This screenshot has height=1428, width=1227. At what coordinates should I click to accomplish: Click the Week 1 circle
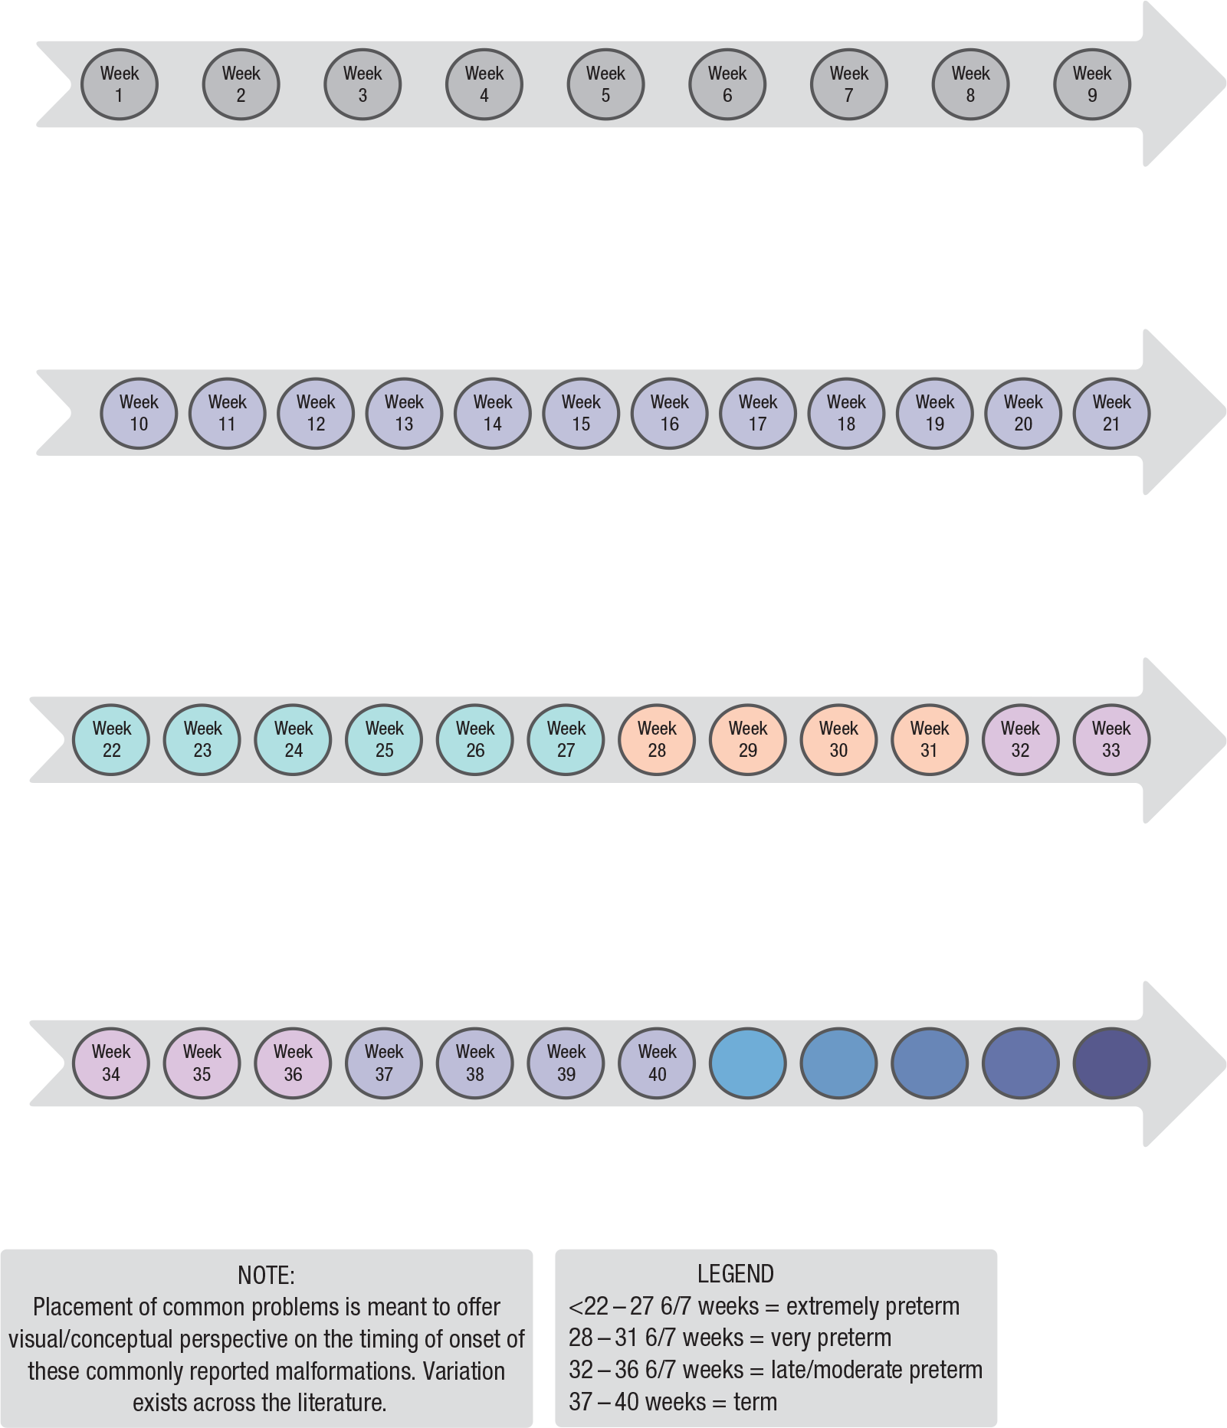(120, 84)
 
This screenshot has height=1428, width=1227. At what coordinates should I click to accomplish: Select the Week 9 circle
(1092, 84)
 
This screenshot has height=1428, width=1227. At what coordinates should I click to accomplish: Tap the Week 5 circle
(605, 84)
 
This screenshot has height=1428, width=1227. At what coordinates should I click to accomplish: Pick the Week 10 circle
(139, 413)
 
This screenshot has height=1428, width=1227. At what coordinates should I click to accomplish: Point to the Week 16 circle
(670, 413)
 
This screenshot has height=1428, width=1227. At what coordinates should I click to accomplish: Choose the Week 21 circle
(1111, 413)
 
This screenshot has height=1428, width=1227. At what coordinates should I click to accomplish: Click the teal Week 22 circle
(111, 739)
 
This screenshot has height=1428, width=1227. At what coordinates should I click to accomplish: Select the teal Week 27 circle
(566, 739)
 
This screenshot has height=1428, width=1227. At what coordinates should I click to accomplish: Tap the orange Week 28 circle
(657, 739)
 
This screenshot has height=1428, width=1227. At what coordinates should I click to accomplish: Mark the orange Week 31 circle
(930, 739)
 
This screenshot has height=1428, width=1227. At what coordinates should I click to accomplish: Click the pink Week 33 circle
(1111, 739)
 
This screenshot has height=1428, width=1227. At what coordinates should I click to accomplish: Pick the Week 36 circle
(293, 1063)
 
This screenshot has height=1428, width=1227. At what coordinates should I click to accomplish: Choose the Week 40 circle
(657, 1063)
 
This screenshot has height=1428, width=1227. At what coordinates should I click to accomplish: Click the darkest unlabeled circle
(1111, 1063)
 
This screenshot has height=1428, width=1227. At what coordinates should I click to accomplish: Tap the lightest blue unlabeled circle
(748, 1063)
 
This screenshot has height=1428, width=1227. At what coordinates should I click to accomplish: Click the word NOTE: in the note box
(266, 1276)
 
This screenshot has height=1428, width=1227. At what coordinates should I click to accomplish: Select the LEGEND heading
(736, 1274)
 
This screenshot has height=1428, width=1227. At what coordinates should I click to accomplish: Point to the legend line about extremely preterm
(764, 1306)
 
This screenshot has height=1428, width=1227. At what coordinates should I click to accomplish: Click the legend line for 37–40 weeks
(673, 1402)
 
